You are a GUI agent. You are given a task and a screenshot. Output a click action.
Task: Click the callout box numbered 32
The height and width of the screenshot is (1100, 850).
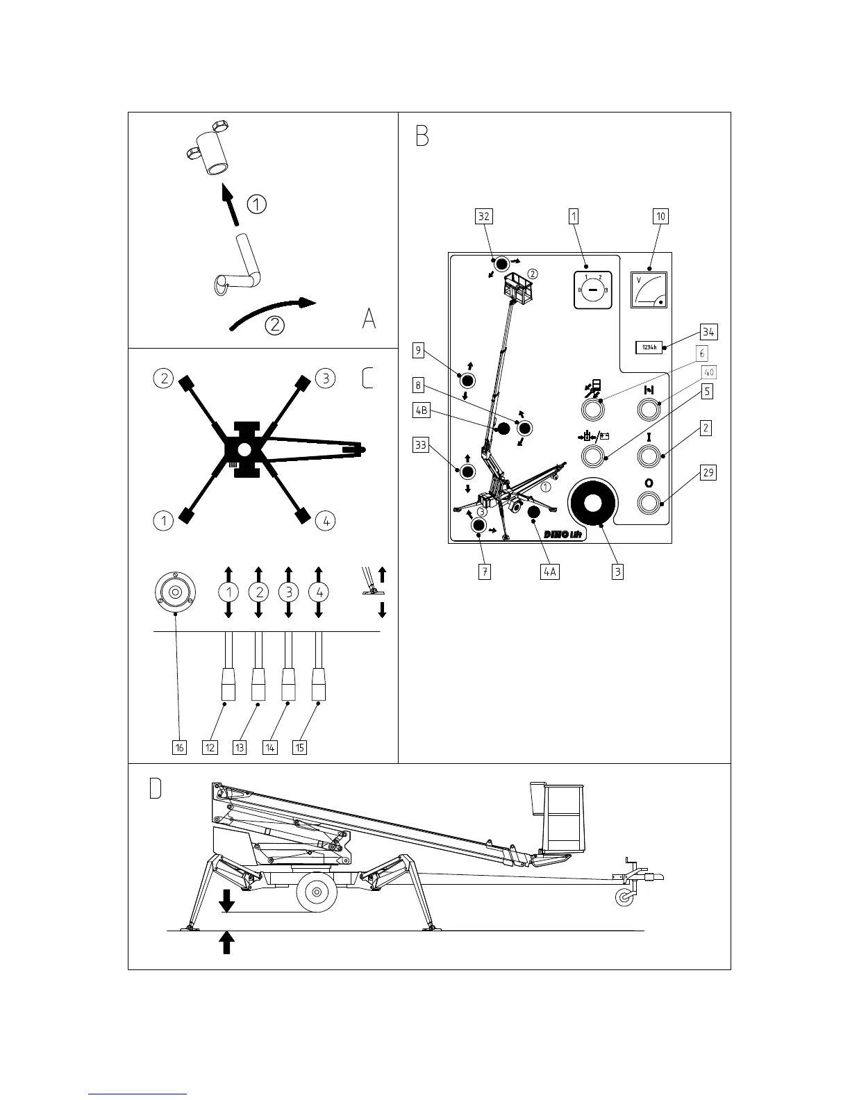click(x=483, y=216)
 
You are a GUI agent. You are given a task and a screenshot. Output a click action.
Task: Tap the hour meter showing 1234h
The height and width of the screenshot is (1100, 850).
click(x=649, y=347)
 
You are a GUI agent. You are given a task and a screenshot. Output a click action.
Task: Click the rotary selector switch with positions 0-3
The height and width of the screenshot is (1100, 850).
click(x=592, y=290)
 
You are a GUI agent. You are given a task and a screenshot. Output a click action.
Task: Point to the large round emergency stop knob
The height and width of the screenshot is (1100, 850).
click(x=592, y=503)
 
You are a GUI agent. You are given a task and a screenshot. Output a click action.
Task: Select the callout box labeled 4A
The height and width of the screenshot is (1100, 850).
click(x=549, y=572)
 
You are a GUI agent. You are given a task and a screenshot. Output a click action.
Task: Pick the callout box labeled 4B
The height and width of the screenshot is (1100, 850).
click(x=421, y=410)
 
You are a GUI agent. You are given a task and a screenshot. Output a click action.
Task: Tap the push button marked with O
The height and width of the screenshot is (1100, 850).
click(x=649, y=502)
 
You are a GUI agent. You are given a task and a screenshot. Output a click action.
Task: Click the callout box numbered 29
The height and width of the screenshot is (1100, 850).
click(x=708, y=473)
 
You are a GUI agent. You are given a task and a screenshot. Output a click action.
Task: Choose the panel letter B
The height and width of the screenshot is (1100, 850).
click(x=422, y=135)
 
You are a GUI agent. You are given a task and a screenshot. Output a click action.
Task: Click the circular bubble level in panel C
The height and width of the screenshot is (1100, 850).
click(x=175, y=592)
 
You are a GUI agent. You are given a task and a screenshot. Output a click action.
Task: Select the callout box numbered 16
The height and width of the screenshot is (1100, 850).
click(x=179, y=747)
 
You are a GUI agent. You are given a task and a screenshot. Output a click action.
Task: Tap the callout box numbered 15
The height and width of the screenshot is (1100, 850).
click(x=299, y=747)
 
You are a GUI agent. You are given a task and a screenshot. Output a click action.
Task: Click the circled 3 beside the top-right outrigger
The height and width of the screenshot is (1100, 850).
click(x=324, y=378)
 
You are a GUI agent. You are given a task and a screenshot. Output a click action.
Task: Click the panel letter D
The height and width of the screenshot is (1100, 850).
click(x=156, y=788)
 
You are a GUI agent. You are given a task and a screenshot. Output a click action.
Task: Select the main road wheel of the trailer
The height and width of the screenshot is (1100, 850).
click(x=317, y=892)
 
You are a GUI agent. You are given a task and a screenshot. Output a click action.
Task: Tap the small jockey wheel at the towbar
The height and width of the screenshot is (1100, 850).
click(x=626, y=897)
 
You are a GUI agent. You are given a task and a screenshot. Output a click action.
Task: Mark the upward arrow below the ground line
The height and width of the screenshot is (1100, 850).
click(x=226, y=943)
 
